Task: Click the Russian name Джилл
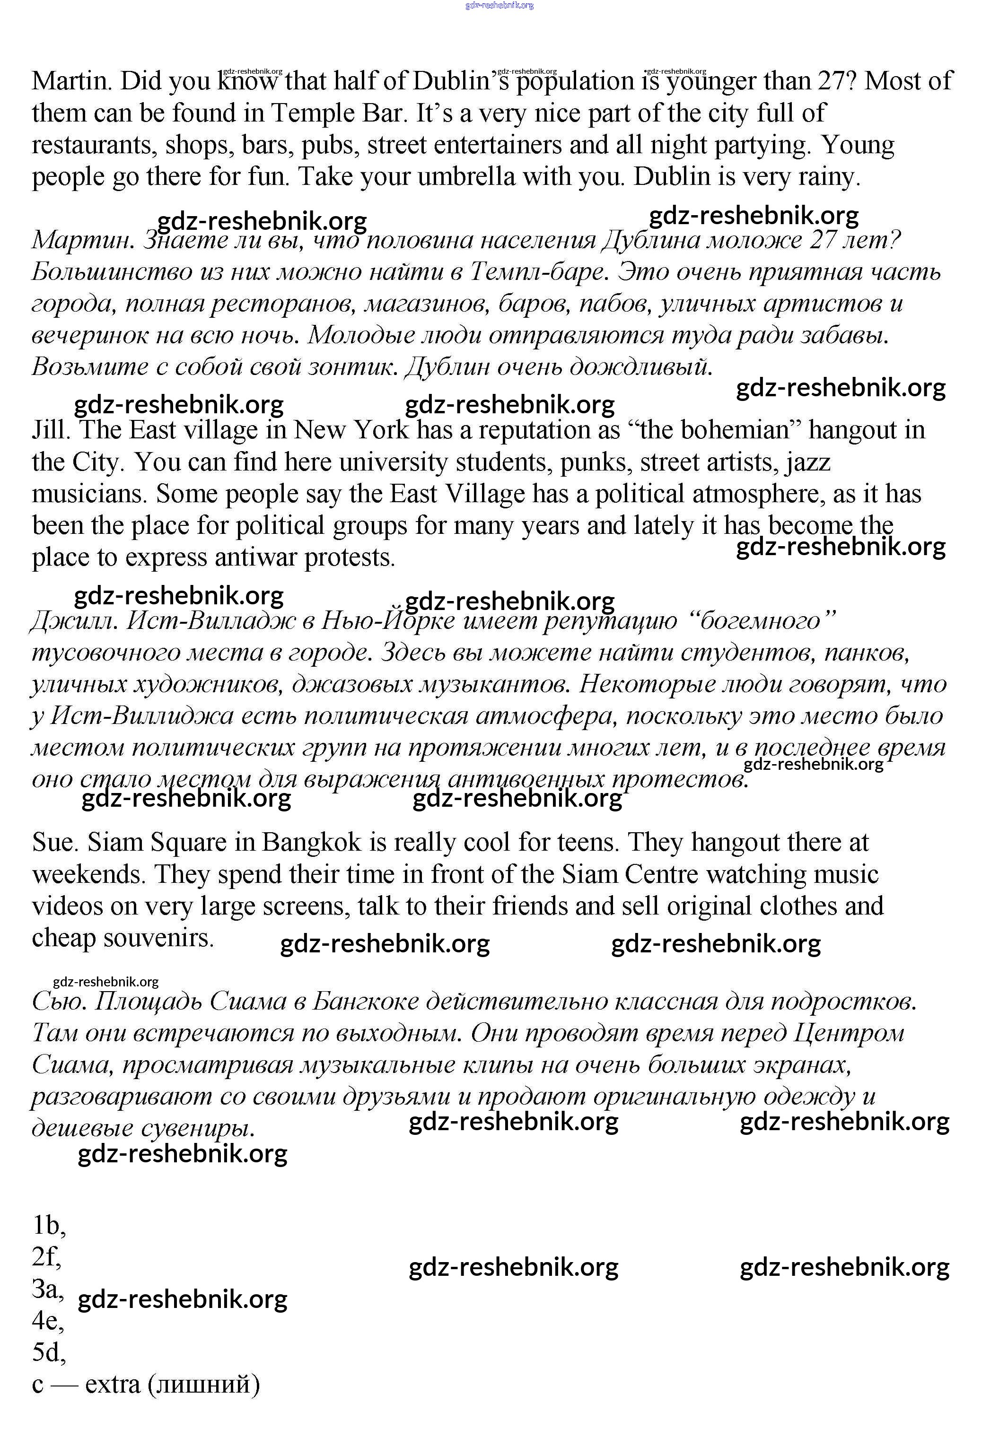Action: [73, 621]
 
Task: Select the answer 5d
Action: [47, 1353]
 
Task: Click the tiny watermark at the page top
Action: [499, 6]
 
